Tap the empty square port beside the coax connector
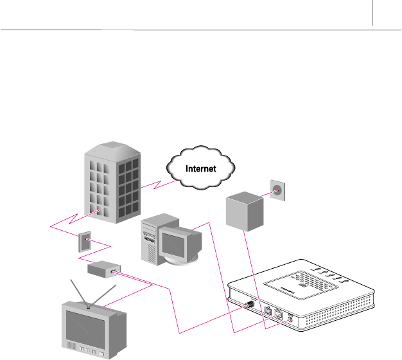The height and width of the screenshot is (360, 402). coord(267,310)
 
